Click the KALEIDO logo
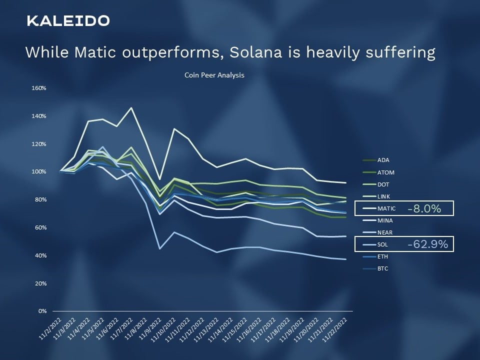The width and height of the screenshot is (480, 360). (68, 21)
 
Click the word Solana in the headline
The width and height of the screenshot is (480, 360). (255, 52)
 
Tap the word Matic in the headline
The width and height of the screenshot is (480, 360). (95, 52)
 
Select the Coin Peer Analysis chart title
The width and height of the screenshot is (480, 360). (214, 75)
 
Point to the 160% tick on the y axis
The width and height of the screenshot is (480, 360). (39, 88)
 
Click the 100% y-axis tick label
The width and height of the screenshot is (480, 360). (39, 171)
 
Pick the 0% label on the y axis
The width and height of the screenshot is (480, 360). (42, 311)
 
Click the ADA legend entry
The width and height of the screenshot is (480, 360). (376, 160)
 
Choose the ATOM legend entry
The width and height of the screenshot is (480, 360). (378, 172)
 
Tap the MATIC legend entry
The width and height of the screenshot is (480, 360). (379, 208)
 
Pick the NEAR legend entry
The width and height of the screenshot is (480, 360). (377, 232)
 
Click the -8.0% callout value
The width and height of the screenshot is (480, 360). (424, 209)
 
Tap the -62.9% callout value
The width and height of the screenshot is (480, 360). (427, 244)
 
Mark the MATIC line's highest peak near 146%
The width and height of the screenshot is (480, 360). (131, 108)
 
